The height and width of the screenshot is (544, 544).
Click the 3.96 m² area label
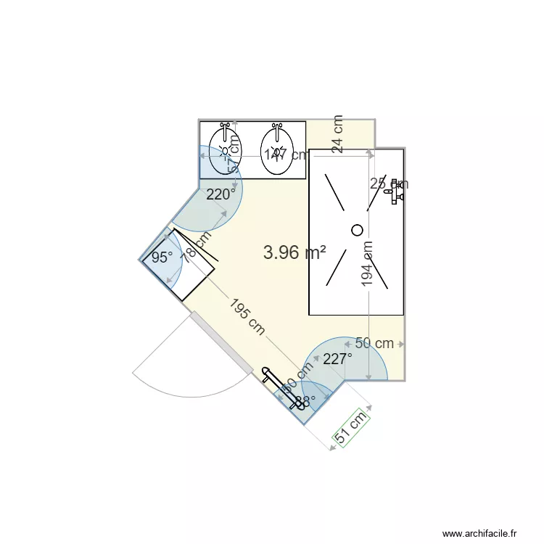pyautogui.click(x=294, y=252)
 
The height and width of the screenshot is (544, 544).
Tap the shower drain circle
pyautogui.click(x=357, y=230)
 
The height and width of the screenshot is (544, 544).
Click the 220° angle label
pyautogui.click(x=221, y=194)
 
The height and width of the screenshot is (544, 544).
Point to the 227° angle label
pyautogui.click(x=337, y=358)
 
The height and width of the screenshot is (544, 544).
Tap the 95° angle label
pyautogui.click(x=162, y=257)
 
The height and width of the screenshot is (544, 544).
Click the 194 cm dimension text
pyautogui.click(x=367, y=263)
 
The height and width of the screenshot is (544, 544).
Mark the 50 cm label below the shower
pyautogui.click(x=374, y=343)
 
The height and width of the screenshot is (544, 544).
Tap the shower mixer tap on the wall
pyautogui.click(x=396, y=192)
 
